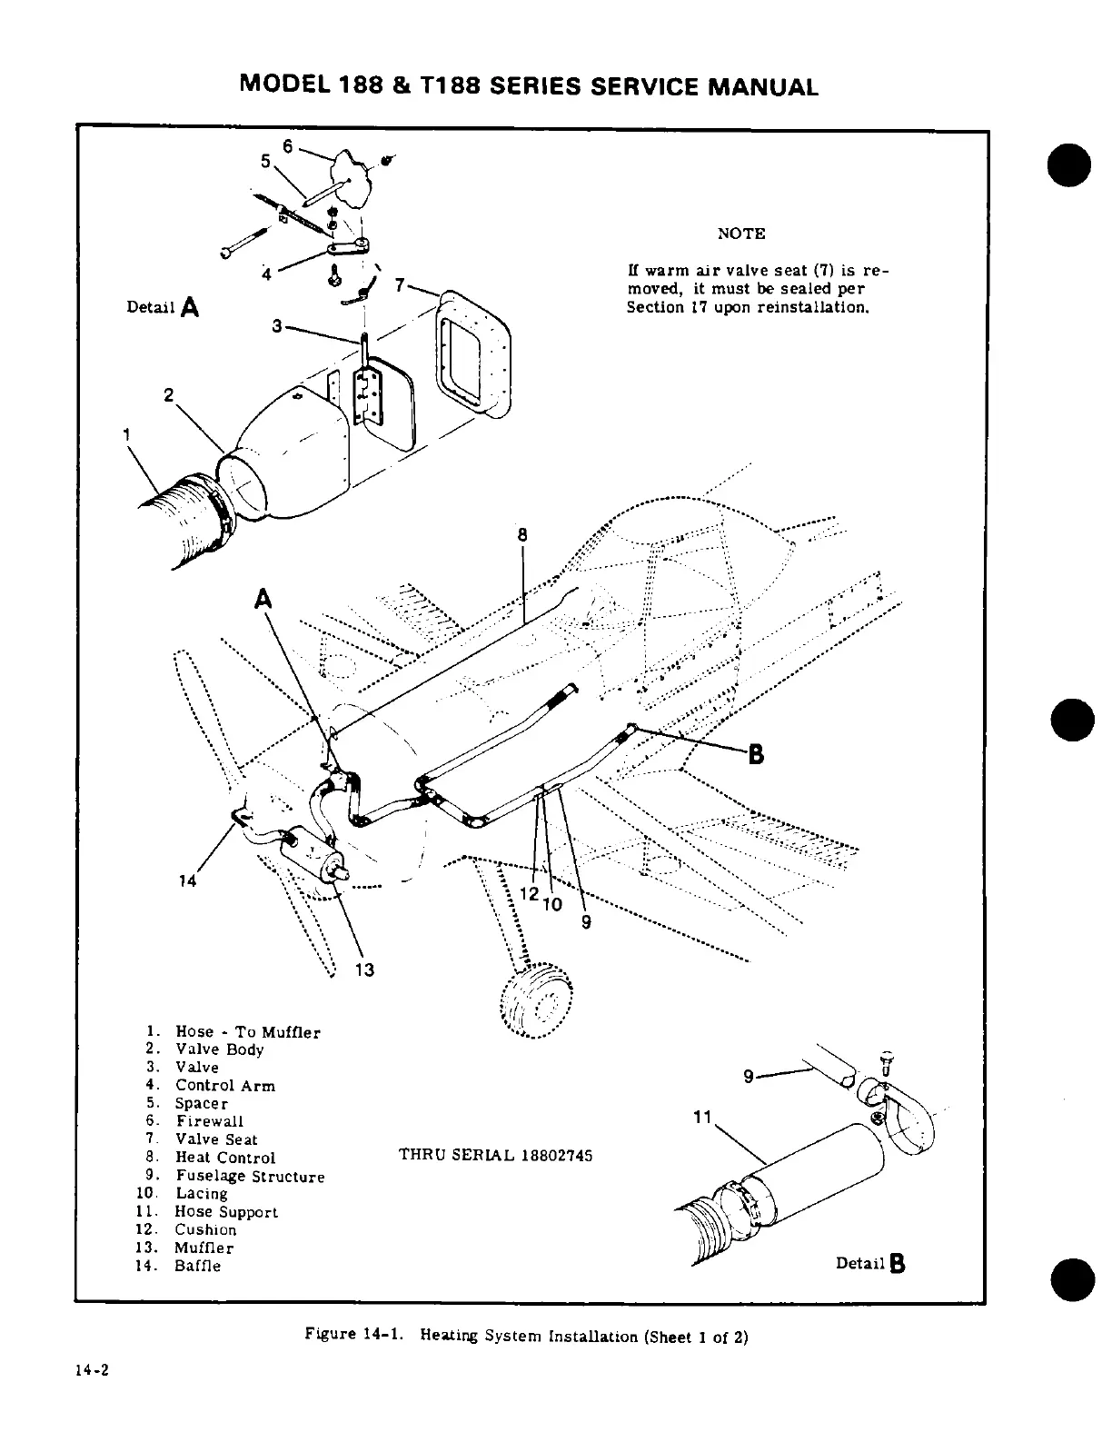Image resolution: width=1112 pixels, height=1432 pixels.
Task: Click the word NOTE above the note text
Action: pos(741,234)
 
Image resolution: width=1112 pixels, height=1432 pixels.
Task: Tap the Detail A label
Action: pos(164,307)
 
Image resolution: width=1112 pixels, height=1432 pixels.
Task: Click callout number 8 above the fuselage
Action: pos(522,535)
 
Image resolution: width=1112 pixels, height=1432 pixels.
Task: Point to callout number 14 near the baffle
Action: pos(188,880)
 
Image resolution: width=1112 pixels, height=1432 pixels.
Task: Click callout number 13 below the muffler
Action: pos(364,970)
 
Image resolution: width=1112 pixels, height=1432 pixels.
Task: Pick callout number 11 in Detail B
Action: pos(700,1118)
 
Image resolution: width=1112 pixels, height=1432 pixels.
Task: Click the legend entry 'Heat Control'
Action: pos(224,1158)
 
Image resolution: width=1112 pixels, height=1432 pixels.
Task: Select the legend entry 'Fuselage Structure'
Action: pos(250,1177)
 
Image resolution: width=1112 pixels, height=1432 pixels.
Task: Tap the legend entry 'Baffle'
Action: pos(197,1266)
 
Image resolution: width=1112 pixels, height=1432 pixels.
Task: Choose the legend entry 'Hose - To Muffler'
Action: pos(247,1032)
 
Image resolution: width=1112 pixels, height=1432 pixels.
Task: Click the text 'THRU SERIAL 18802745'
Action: pos(495,1156)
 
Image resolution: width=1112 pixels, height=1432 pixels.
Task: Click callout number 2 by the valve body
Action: pos(168,395)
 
